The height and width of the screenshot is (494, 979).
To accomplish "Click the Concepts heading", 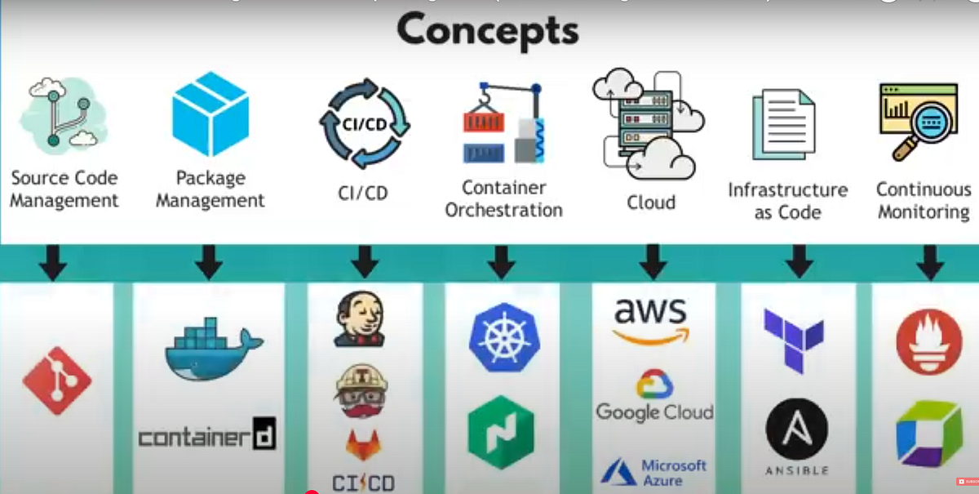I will click(x=488, y=31).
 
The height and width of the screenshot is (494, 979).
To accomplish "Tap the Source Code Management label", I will click(x=64, y=189).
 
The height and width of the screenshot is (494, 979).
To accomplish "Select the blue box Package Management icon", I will click(x=210, y=113).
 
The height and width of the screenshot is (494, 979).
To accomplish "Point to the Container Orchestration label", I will click(x=503, y=198).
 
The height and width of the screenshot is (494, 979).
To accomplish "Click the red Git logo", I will click(x=56, y=381).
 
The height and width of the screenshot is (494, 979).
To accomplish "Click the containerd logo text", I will click(x=207, y=436).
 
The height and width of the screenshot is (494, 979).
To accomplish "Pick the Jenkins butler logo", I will click(x=361, y=320).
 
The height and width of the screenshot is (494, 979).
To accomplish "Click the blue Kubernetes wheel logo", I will click(x=500, y=337).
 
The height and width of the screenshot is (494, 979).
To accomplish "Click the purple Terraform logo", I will click(x=794, y=339).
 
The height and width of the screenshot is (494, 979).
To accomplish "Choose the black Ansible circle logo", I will click(x=797, y=429).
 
